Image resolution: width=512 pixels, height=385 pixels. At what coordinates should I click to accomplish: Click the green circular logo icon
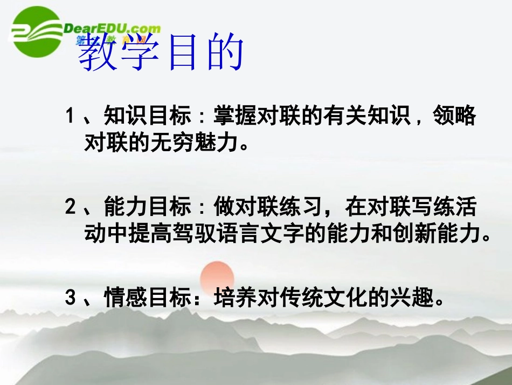pyautogui.click(x=37, y=32)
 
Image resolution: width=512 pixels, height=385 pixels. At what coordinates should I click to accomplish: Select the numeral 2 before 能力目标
pyautogui.click(x=70, y=207)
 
